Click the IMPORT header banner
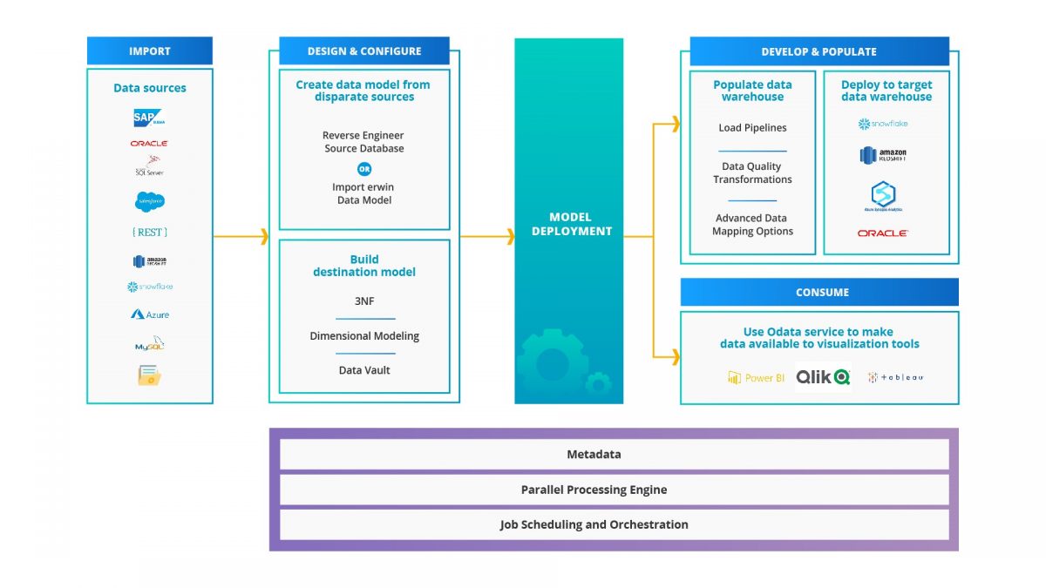point(149,51)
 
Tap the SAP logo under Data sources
point(149,118)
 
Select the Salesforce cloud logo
point(149,201)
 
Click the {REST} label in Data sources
point(149,233)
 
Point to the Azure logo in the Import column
point(150,314)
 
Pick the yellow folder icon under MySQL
point(149,375)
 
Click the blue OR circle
point(364,169)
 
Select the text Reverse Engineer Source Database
point(363,142)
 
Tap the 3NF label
point(364,301)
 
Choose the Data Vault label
point(364,370)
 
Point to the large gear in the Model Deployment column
point(551,364)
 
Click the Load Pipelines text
point(752,128)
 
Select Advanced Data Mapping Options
point(752,225)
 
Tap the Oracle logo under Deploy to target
point(883,233)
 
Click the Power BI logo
point(756,378)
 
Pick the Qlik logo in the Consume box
point(823,377)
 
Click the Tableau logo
point(896,377)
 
